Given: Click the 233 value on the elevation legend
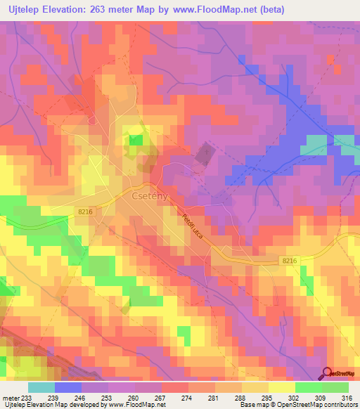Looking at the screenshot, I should pos(27,398).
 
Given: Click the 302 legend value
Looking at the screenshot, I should pos(295,398).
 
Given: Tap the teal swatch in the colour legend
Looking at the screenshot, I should pos(41,387).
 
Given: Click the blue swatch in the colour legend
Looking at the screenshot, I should pos(67,387).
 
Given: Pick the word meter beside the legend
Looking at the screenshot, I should pos(10,398).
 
